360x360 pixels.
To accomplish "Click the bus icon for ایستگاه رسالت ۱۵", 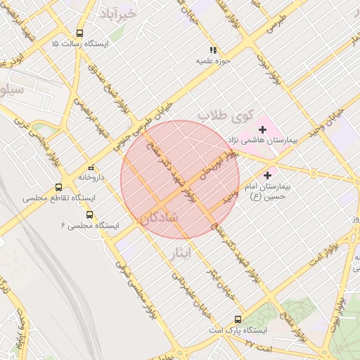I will (x=79, y=33).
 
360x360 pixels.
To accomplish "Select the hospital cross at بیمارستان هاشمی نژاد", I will (x=263, y=129).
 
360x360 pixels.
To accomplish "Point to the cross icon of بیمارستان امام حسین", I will (x=268, y=174).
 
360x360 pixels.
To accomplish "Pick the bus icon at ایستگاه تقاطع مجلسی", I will (x=58, y=187).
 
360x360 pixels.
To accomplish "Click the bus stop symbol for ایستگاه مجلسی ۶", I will (x=89, y=214).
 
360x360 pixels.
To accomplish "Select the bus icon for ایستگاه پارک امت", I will (x=238, y=319).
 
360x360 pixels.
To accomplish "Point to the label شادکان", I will (x=160, y=218).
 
